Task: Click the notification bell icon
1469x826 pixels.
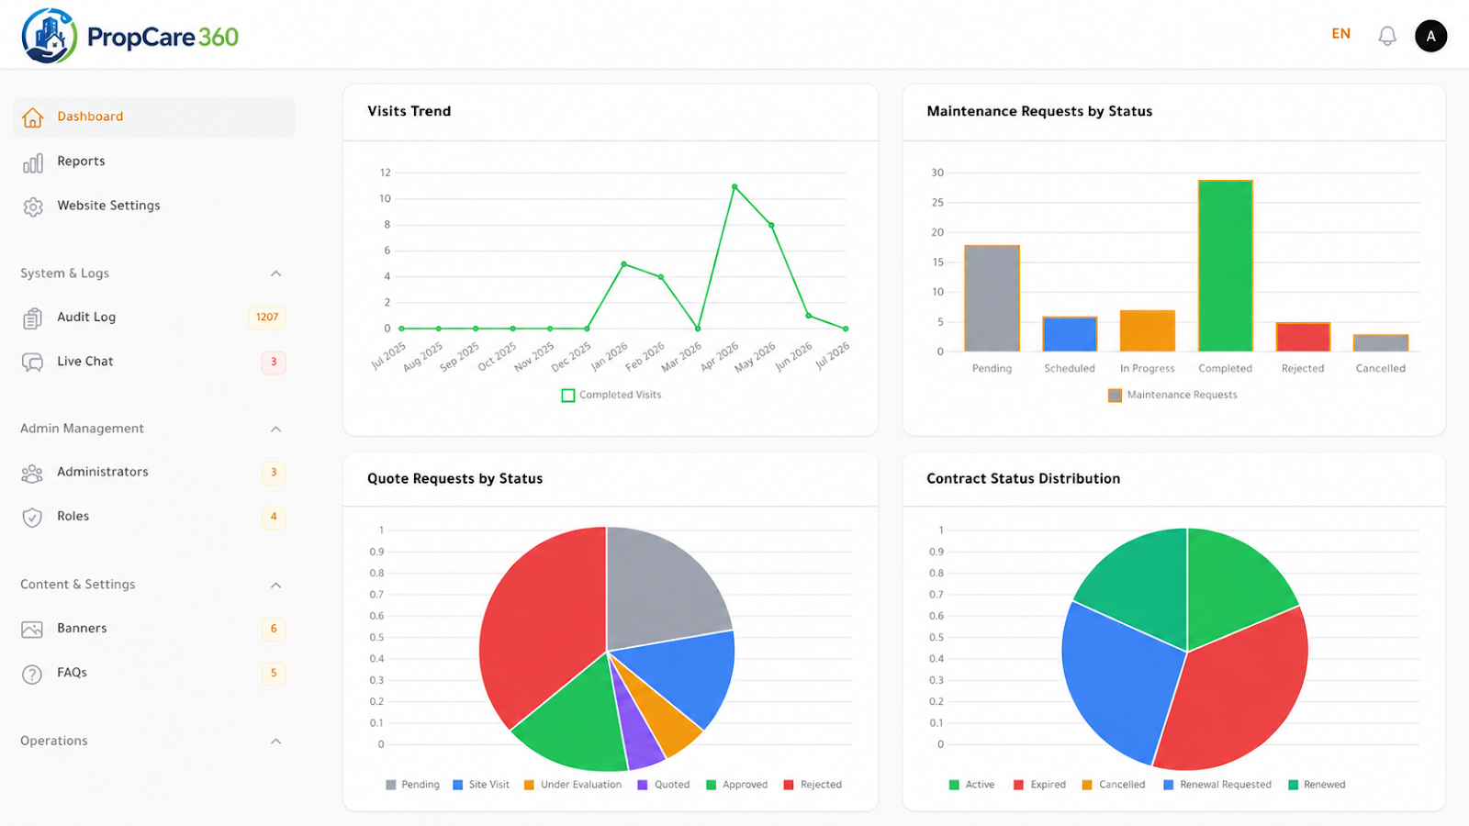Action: (1387, 36)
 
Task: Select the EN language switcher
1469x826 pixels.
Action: (1340, 34)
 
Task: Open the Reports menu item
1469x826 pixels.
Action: (81, 162)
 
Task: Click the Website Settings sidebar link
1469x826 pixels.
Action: (108, 206)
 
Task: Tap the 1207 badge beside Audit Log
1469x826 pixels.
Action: (267, 318)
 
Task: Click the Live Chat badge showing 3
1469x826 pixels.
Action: (274, 362)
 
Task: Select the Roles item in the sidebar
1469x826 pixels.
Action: (73, 517)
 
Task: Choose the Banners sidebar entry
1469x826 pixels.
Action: (82, 629)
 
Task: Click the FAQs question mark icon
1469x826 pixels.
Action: (32, 674)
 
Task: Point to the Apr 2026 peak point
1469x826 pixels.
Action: (734, 187)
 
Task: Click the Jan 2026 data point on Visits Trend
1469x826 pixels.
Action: (623, 264)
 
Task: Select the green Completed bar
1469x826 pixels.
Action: (1225, 265)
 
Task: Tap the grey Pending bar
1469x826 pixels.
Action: (992, 298)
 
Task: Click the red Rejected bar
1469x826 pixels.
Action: (1303, 337)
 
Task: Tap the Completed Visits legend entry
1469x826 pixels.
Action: (611, 396)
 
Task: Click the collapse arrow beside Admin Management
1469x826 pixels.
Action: (276, 430)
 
